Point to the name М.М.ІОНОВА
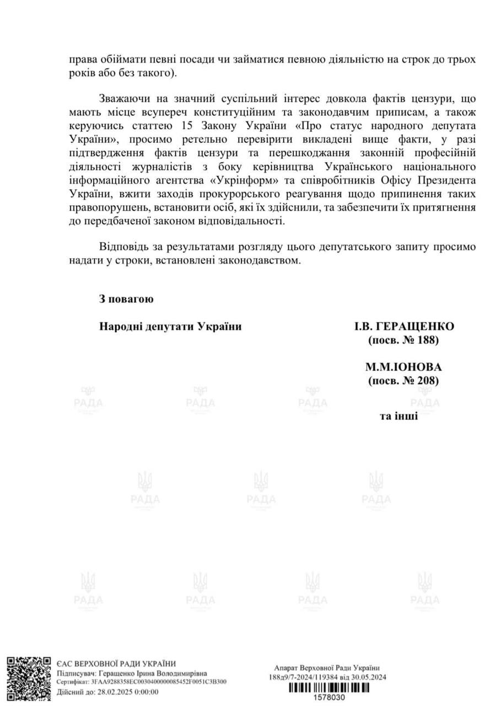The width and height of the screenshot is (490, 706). click(403, 367)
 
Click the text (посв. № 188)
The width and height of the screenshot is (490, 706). click(403, 340)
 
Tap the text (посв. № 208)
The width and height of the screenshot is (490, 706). click(403, 381)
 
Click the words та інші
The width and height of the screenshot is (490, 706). click(399, 415)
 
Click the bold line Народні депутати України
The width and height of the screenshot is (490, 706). click(170, 327)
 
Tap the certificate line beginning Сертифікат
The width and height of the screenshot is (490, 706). click(141, 682)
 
